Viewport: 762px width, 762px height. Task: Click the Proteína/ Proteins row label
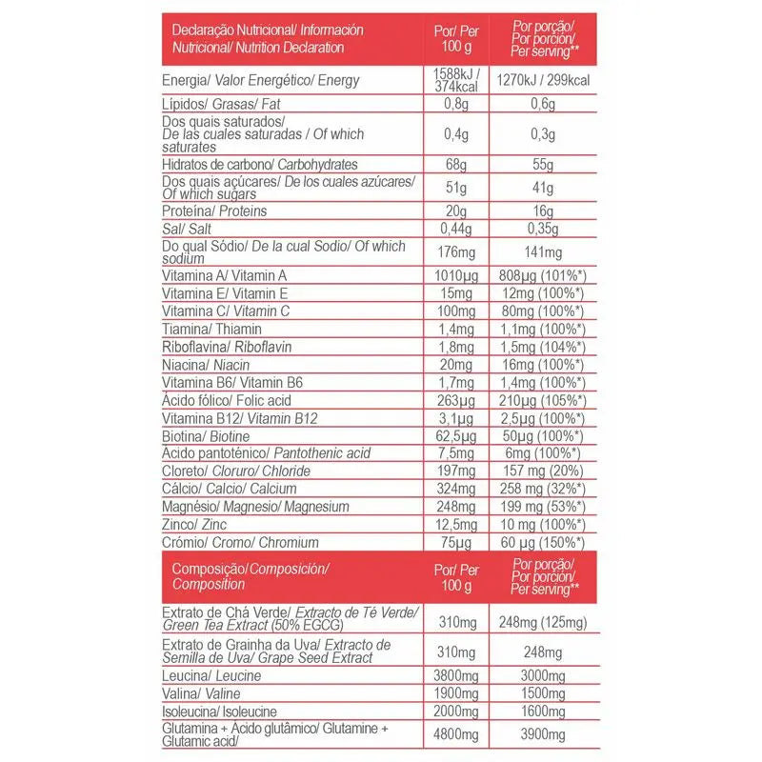click(214, 211)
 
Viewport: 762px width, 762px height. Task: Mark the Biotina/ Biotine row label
click(202, 436)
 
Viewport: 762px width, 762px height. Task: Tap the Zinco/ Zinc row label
click(196, 525)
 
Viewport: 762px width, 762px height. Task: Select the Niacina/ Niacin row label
click(206, 366)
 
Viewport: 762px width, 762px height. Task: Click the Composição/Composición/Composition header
click(250, 575)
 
